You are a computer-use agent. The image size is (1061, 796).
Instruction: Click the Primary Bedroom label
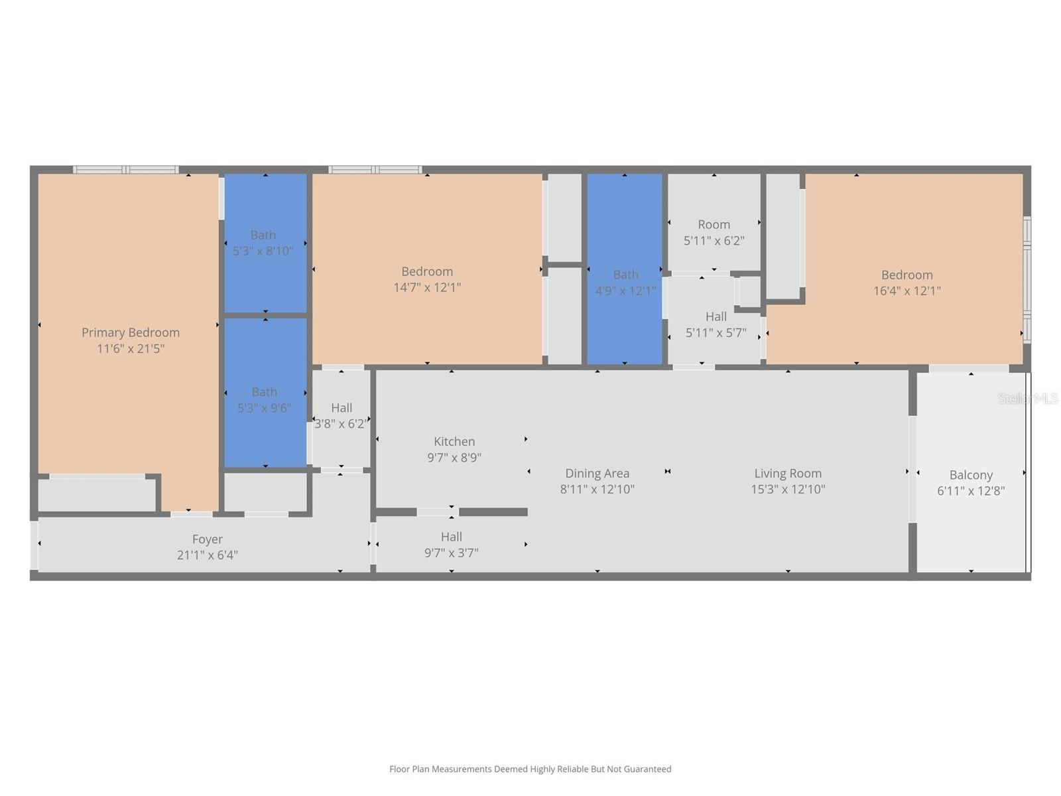131,332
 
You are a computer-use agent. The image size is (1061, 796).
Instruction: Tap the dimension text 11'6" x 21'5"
131,348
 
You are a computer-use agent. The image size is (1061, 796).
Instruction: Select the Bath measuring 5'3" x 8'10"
263,243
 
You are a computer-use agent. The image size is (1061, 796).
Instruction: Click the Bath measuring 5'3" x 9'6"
264,400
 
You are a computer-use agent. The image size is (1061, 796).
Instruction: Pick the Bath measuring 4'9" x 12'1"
625,282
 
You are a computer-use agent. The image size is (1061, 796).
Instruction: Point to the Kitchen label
454,441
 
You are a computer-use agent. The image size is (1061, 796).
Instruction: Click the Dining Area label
597,473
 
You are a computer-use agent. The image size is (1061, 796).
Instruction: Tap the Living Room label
788,473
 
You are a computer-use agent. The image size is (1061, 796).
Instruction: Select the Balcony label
971,475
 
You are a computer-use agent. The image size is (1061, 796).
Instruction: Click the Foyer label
208,539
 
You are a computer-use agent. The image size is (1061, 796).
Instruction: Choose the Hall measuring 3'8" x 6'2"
342,415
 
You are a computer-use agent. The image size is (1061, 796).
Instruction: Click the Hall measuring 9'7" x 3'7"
452,545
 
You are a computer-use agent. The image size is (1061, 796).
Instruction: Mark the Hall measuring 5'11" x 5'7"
716,324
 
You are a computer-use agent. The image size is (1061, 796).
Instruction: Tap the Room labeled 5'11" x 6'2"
714,232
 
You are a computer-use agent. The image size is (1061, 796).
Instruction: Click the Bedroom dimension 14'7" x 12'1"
427,287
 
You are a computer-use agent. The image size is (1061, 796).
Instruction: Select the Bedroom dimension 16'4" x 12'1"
906,291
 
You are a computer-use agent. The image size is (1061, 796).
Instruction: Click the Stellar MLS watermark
1028,398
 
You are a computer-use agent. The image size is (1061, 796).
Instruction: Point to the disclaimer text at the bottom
530,769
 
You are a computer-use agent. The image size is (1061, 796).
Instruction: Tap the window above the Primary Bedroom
126,170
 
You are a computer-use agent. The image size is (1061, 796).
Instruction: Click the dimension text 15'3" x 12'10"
788,490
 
